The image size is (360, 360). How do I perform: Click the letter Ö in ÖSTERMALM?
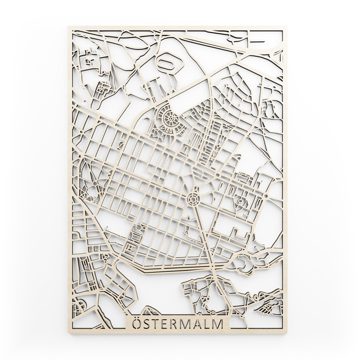(135, 324)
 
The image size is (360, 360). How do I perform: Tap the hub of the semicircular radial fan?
(171, 120)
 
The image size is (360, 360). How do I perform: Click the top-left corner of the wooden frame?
(69, 27)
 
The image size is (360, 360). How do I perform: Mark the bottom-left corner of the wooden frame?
(69, 333)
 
